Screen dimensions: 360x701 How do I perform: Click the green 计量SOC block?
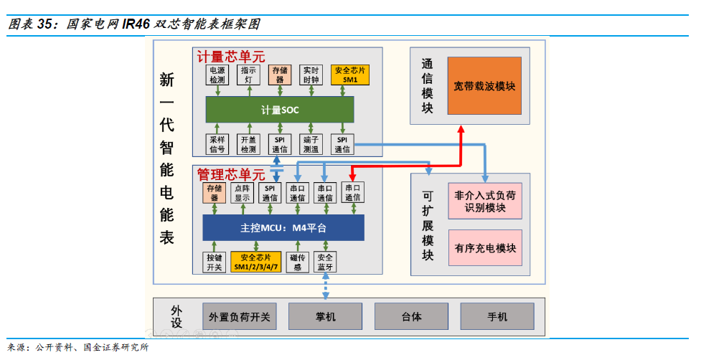click(x=280, y=110)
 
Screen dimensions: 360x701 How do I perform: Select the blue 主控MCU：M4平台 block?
click(x=283, y=228)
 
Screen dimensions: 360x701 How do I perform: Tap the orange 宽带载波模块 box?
click(x=484, y=86)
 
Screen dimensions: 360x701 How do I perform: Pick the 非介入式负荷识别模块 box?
click(x=485, y=201)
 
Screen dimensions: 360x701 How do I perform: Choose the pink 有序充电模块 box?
click(x=485, y=248)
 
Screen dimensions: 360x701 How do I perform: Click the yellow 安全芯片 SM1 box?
click(x=350, y=75)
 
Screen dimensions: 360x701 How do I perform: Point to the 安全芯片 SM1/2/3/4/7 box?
click(x=256, y=262)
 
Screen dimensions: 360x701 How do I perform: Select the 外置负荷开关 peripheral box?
click(x=239, y=316)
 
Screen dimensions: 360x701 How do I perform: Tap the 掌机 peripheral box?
click(x=325, y=316)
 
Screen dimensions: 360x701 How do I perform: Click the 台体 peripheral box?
click(x=411, y=316)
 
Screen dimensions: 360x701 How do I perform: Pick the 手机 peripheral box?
click(x=497, y=316)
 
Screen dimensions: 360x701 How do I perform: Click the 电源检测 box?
click(x=217, y=75)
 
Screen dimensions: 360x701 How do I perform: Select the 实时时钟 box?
click(x=311, y=75)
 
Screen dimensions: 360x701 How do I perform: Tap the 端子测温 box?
click(x=311, y=144)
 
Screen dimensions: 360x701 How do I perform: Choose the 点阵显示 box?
click(x=242, y=193)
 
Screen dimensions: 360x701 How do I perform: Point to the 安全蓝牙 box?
click(x=325, y=262)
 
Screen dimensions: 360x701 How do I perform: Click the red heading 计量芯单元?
click(x=230, y=55)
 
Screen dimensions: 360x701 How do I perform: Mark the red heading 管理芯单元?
click(x=230, y=174)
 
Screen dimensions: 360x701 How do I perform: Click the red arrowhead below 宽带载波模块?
click(x=461, y=128)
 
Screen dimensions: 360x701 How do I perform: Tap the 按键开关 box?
click(x=215, y=262)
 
